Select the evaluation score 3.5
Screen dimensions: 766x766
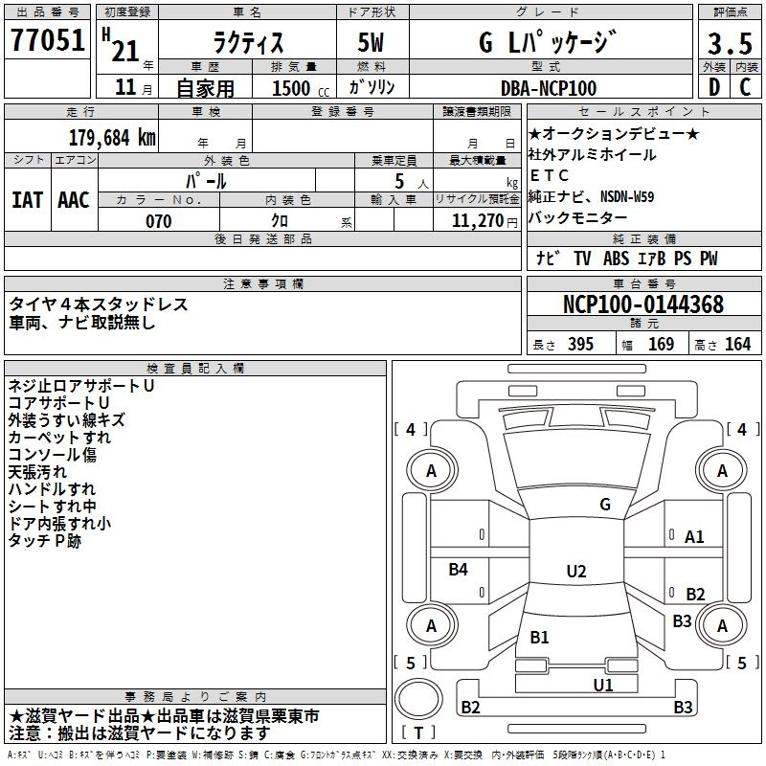coord(730,43)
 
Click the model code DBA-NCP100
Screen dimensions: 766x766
coord(549,88)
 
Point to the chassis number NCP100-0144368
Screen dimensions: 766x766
coord(642,305)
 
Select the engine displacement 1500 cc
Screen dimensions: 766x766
coord(292,88)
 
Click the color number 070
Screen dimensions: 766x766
coord(159,221)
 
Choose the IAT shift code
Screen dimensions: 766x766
coord(28,199)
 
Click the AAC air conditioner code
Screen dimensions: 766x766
coord(74,199)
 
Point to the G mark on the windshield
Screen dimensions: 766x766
coord(604,504)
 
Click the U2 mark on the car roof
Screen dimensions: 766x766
coord(575,572)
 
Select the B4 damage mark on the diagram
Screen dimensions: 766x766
coord(459,570)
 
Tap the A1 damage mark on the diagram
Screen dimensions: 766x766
coord(694,537)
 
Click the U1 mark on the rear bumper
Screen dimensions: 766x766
coord(602,685)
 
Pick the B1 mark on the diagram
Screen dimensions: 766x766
coord(539,637)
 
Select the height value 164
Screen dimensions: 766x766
coord(737,345)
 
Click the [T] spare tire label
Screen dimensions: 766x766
coord(417,732)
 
